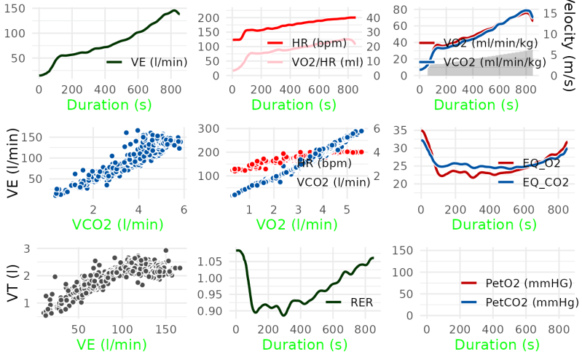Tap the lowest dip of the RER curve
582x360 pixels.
click(283, 315)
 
